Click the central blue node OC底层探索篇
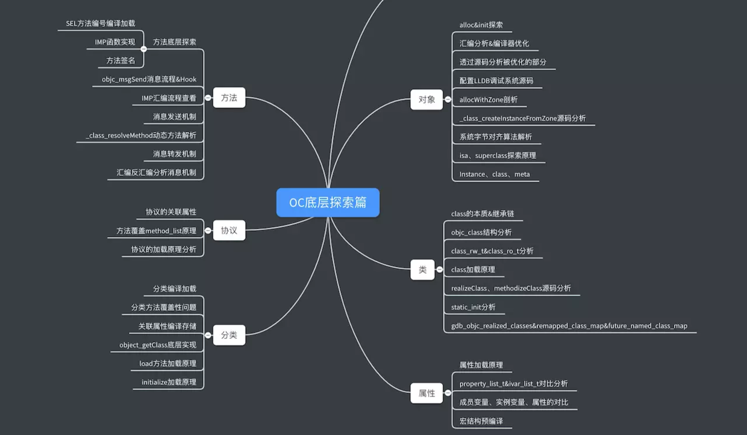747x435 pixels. [x=328, y=202]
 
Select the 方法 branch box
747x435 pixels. [x=229, y=98]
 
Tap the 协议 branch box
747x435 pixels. [x=229, y=230]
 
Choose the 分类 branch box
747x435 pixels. [x=229, y=335]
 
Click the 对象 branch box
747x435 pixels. [x=427, y=99]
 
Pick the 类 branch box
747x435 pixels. [x=422, y=270]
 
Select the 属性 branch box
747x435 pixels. [x=427, y=393]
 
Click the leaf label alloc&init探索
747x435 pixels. [x=481, y=25]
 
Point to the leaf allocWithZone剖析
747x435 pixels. [x=488, y=99]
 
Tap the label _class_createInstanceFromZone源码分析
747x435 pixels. [x=522, y=118]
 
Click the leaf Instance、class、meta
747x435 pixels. [x=495, y=174]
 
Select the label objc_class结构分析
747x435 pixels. [x=481, y=233]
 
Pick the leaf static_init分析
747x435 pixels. [x=473, y=307]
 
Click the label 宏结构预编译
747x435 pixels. [x=481, y=421]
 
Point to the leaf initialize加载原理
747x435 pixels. [x=169, y=382]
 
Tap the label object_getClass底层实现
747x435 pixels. [x=158, y=345]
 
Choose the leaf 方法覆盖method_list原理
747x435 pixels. [x=156, y=231]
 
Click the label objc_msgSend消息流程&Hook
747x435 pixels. [x=149, y=80]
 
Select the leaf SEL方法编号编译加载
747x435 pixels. [x=101, y=23]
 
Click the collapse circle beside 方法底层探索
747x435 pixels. [x=144, y=49]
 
